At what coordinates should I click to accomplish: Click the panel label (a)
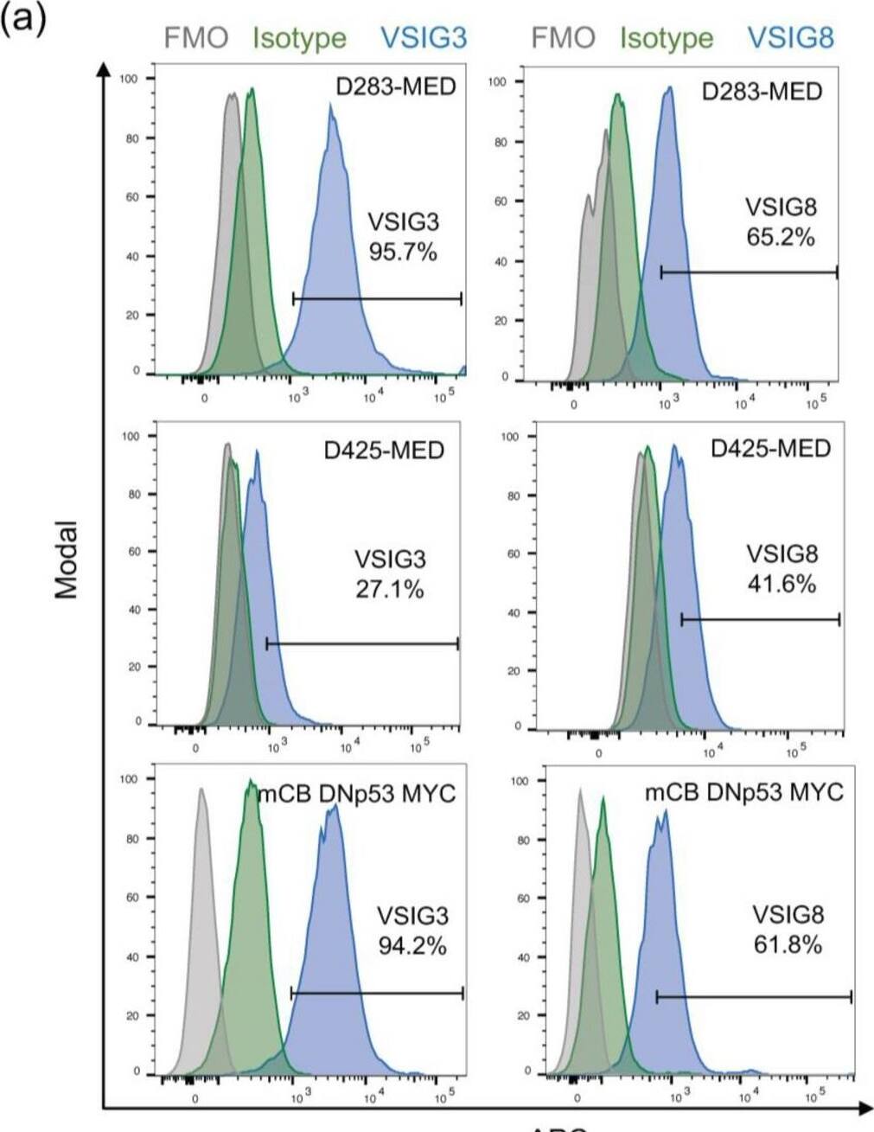click(x=23, y=18)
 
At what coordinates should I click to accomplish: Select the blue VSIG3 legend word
click(x=423, y=38)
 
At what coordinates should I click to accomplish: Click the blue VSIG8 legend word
click(x=790, y=38)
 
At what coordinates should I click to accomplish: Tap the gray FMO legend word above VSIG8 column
click(x=563, y=38)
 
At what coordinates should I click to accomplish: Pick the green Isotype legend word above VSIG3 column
click(x=299, y=39)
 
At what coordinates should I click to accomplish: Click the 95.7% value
click(x=403, y=253)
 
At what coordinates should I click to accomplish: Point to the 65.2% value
click(x=781, y=237)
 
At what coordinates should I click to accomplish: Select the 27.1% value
click(x=390, y=590)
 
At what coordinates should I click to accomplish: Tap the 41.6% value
click(x=781, y=585)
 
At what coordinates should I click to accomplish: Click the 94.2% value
click(x=412, y=945)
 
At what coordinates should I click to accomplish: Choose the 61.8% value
click(x=788, y=944)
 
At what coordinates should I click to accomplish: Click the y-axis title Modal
click(x=67, y=560)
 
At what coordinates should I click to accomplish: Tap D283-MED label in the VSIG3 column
click(x=395, y=87)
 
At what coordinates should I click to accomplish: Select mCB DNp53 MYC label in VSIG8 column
click(x=743, y=793)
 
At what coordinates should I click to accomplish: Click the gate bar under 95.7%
click(x=377, y=299)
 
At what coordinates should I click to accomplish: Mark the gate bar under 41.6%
click(x=760, y=619)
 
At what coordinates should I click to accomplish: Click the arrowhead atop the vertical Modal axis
click(x=104, y=68)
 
